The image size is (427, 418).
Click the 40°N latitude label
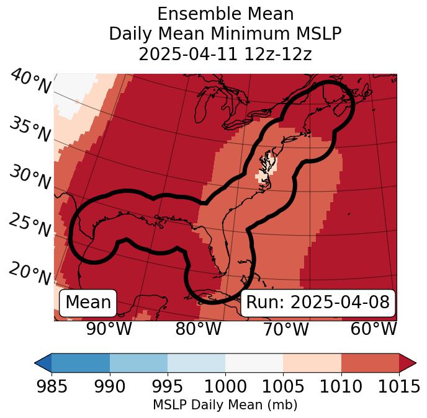30,82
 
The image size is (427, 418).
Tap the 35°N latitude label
30,130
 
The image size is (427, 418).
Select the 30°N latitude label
30,179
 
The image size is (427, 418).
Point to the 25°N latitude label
30,226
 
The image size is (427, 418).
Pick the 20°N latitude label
30,273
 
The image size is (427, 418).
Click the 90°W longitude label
109,329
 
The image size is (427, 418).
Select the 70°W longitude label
285,329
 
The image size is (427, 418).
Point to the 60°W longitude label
374,329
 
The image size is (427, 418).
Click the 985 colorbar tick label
52,386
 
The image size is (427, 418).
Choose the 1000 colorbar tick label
225,386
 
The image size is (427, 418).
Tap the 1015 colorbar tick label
398,386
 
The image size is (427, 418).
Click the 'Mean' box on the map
88,303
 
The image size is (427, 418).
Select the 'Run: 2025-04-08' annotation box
318,303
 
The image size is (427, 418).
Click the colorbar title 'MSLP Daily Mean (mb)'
225,405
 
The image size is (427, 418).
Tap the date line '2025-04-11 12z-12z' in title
225,54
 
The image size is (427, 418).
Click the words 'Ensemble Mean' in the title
225,14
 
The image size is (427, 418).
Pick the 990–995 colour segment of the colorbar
138,362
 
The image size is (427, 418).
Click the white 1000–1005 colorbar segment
254,362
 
